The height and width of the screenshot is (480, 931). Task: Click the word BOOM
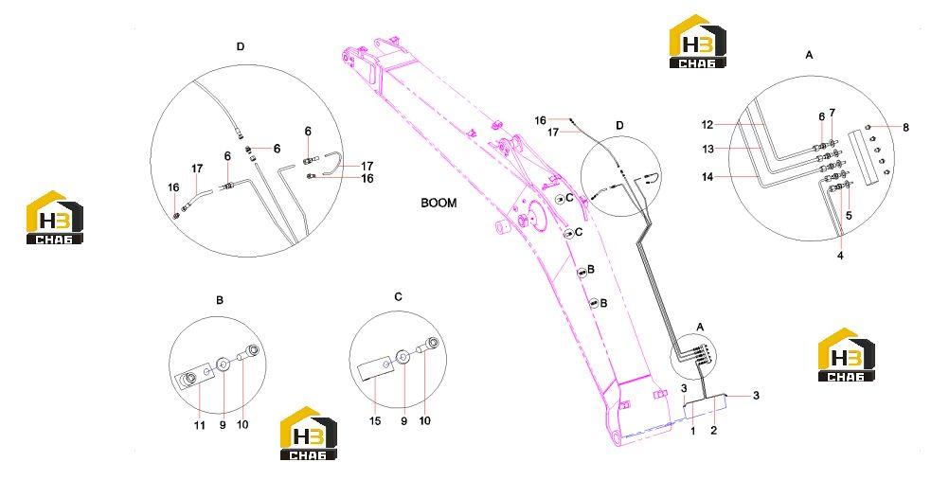[x=439, y=203]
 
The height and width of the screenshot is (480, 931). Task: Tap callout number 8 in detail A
[x=905, y=127]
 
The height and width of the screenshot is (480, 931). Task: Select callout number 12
[x=707, y=125]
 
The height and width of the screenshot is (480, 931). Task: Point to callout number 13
[x=707, y=149]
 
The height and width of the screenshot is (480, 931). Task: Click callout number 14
[x=707, y=177]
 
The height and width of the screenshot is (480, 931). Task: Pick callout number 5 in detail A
[x=849, y=216]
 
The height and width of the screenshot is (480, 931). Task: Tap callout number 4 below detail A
[x=840, y=256]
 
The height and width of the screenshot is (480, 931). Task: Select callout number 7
[x=833, y=112]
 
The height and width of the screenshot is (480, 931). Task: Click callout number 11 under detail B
[x=200, y=425]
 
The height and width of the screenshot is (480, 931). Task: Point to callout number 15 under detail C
[x=375, y=421]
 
